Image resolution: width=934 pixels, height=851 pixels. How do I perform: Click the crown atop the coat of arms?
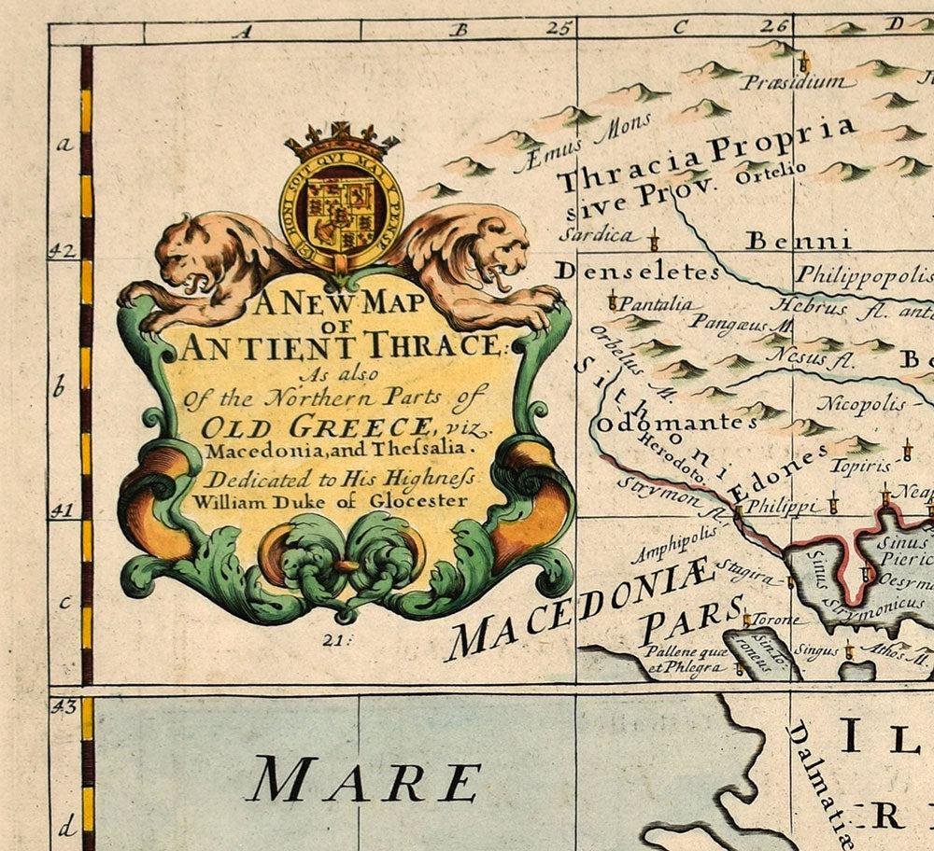(342, 142)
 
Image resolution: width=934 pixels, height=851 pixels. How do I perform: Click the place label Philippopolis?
(864, 276)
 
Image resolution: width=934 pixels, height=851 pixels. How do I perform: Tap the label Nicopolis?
(861, 404)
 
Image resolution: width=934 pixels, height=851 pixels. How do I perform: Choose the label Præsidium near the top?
(797, 83)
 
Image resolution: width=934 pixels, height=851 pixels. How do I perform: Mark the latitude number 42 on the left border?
(61, 251)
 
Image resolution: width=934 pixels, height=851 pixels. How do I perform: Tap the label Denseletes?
(638, 272)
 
